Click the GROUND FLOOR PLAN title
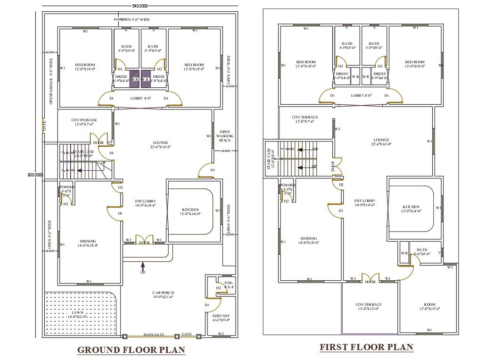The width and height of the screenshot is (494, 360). [131, 350]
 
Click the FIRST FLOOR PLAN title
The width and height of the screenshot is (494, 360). [366, 347]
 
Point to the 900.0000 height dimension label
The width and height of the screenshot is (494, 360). [35, 175]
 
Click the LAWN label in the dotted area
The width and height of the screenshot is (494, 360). [78, 315]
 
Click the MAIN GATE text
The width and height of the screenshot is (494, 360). [154, 335]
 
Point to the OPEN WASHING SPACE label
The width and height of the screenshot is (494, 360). [225, 136]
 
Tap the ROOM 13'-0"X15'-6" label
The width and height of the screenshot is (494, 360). [429, 307]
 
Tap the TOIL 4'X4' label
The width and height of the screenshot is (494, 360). [229, 285]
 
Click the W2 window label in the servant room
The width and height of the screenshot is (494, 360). [221, 335]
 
